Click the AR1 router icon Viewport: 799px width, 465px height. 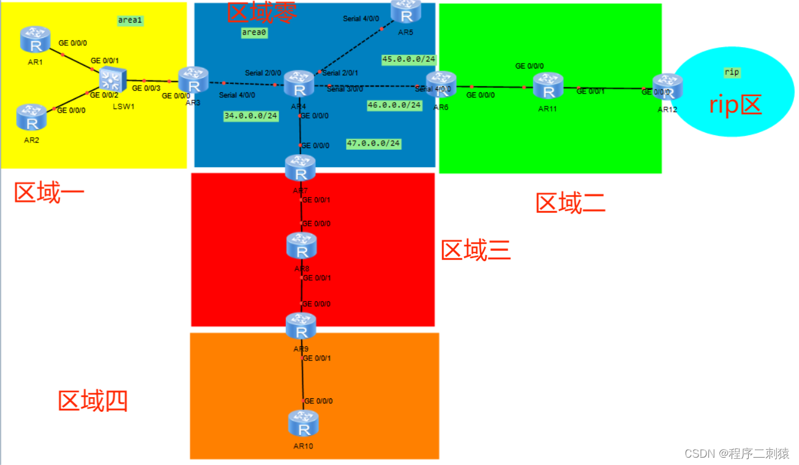click(34, 39)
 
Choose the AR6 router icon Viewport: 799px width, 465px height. click(441, 84)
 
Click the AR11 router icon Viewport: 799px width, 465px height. click(547, 86)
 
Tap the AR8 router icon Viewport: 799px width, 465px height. click(301, 246)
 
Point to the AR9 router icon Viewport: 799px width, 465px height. click(301, 327)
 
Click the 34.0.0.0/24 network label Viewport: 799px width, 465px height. click(251, 116)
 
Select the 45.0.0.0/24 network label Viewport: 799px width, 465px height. click(409, 59)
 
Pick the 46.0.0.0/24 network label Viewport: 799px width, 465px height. click(394, 105)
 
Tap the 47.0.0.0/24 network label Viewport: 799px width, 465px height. click(373, 144)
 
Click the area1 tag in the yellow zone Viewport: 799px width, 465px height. click(130, 20)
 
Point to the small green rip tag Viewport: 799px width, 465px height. click(732, 72)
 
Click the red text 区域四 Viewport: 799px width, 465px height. click(92, 401)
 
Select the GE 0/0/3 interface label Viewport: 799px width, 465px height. click(146, 89)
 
